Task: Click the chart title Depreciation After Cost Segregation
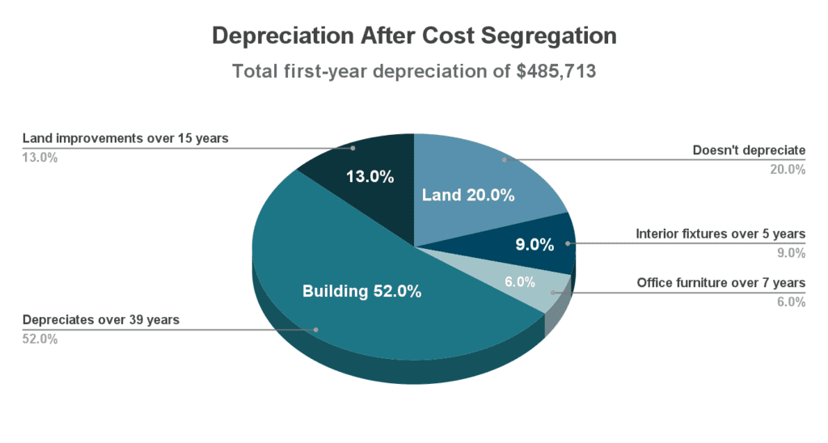(x=413, y=36)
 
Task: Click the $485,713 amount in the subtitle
(x=556, y=71)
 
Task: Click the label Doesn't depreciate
(x=749, y=150)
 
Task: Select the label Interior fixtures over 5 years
(x=720, y=234)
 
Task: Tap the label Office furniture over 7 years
(x=721, y=283)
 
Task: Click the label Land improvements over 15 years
(x=125, y=138)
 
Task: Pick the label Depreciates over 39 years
(x=101, y=320)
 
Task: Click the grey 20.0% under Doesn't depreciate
(x=789, y=170)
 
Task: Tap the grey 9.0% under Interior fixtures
(x=792, y=253)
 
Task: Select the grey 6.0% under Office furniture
(x=792, y=302)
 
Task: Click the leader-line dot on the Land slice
(x=504, y=160)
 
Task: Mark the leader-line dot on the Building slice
(x=316, y=330)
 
